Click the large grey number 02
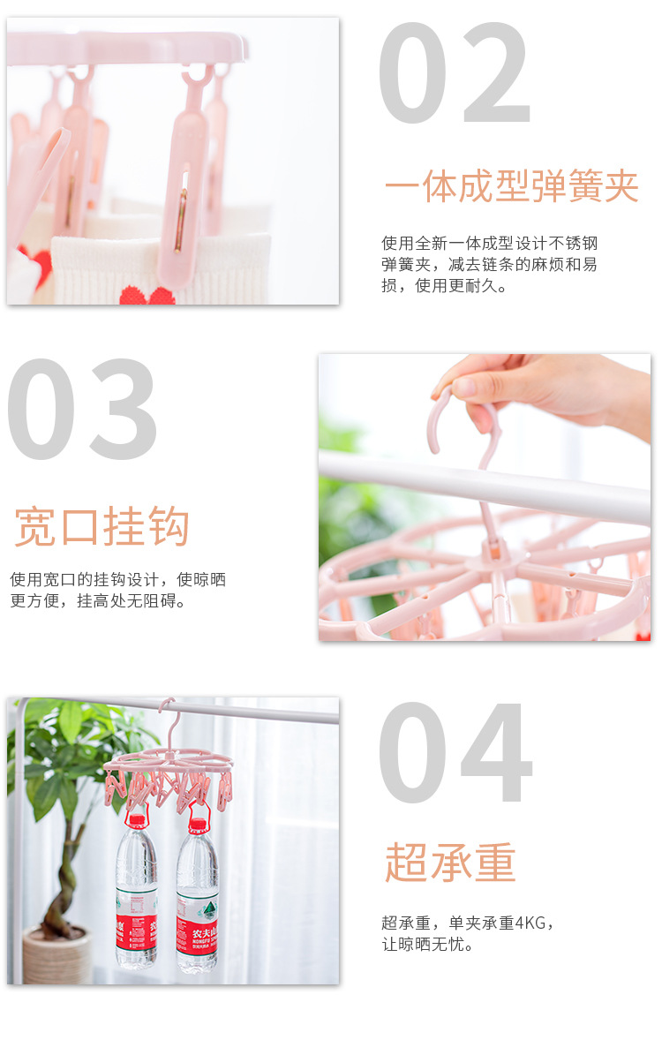pos(455,72)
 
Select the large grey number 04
pos(455,753)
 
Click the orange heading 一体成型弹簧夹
pos(511,187)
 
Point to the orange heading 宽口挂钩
pos(102,527)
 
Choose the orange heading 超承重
pos(449,863)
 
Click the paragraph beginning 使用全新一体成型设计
pos(490,264)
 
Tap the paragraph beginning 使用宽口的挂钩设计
pos(117,590)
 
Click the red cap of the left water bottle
pos(135,821)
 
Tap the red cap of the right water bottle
pos(198,825)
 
